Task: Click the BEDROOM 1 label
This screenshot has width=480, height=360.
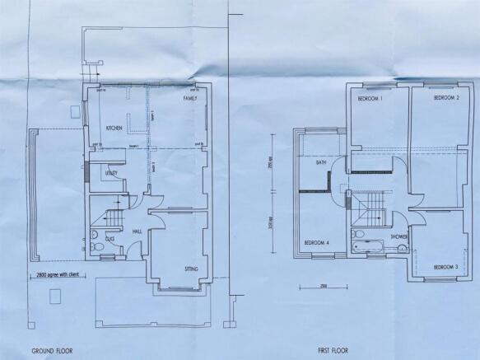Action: [369, 99]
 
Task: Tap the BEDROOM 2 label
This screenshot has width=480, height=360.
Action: [445, 98]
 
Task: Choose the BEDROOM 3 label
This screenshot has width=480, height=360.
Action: [445, 267]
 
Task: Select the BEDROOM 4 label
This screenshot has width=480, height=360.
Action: [317, 242]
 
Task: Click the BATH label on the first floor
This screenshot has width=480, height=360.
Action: [323, 163]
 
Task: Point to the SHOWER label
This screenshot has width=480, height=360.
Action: [399, 237]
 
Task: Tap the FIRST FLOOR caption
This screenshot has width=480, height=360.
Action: [329, 349]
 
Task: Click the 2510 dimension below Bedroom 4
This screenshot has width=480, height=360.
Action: [305, 286]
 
